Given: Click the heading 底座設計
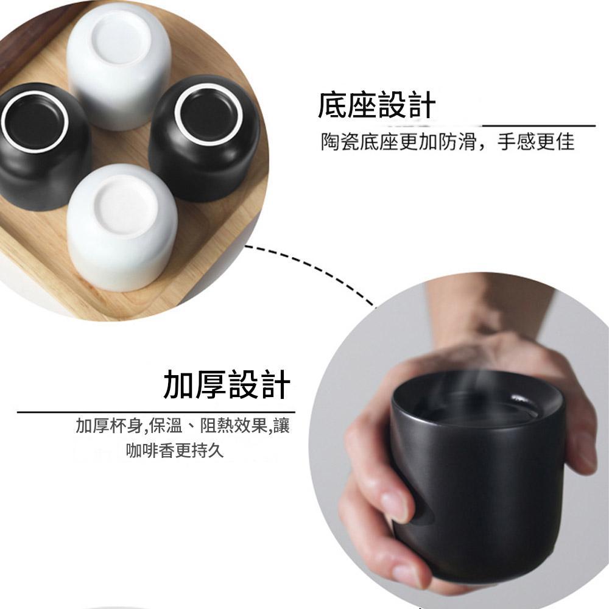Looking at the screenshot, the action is [376, 105].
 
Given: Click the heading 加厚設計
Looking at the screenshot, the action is [227, 384].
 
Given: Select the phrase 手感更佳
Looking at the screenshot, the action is [535, 142].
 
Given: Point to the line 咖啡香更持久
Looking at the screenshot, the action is [175, 451].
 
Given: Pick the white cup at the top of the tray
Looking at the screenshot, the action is [119, 66].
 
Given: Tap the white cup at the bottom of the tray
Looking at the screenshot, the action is [122, 227].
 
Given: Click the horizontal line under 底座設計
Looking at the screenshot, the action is [538, 125].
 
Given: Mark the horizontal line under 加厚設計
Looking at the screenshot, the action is [156, 412].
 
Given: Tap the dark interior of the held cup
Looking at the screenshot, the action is [477, 404].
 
